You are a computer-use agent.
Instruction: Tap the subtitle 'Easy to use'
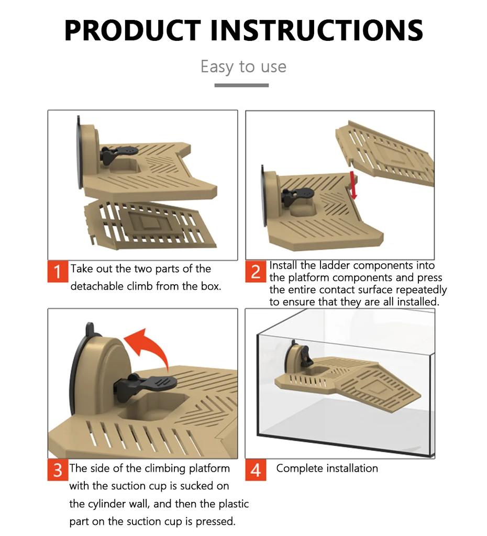pyautogui.click(x=243, y=66)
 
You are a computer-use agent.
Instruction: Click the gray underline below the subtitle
pyautogui.click(x=241, y=85)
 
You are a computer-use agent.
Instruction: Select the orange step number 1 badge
pyautogui.click(x=58, y=272)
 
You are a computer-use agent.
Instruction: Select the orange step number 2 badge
pyautogui.click(x=256, y=272)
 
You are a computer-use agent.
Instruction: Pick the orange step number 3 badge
pyautogui.click(x=58, y=470)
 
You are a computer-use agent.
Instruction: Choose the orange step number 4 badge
pyautogui.click(x=256, y=470)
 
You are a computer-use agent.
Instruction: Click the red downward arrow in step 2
pyautogui.click(x=353, y=186)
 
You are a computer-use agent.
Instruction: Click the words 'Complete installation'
pyautogui.click(x=327, y=468)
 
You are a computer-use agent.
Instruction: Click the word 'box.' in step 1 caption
pyautogui.click(x=211, y=286)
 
